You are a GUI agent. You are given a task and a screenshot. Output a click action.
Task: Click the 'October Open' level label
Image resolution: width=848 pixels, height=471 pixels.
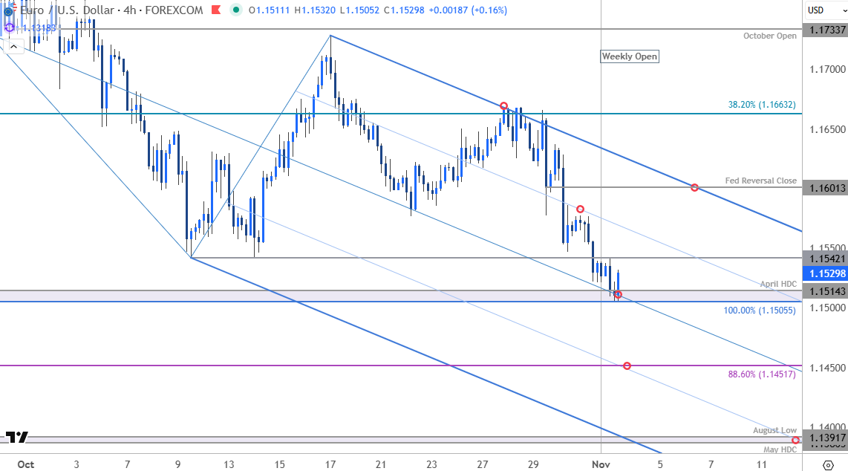pos(770,36)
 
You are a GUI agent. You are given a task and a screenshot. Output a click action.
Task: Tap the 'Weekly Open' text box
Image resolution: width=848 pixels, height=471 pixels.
pos(629,56)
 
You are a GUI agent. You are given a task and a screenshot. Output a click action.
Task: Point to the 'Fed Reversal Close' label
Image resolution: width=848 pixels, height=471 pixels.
pos(761,181)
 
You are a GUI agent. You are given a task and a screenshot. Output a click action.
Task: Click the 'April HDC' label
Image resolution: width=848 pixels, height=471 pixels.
pos(777,284)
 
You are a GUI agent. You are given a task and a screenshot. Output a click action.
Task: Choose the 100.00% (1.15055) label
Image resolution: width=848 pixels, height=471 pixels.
pos(760,311)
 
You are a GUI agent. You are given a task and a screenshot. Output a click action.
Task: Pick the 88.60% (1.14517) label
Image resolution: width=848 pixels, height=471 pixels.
pos(762,374)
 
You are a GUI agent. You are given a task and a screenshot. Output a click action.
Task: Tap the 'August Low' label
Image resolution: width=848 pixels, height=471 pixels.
pos(774,430)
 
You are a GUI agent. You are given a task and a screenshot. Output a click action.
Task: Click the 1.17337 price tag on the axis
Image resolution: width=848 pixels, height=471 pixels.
pos(825,30)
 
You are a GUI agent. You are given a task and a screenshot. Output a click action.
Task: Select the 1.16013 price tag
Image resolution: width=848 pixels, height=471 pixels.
pos(825,188)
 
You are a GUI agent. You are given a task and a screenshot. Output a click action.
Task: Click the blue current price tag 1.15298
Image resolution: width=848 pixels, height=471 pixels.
pos(825,273)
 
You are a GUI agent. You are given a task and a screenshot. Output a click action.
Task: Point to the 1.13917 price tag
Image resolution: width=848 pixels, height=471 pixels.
pos(825,438)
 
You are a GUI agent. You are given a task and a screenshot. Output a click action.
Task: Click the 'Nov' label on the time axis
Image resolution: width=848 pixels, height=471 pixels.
pos(600,464)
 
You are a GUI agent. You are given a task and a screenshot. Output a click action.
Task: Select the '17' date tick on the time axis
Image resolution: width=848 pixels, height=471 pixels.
pos(330,464)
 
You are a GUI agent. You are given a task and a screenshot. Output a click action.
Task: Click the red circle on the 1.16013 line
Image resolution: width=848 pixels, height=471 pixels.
pos(694,187)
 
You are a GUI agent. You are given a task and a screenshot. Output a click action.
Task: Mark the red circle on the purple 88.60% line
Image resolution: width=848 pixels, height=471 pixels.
pos(627,366)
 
